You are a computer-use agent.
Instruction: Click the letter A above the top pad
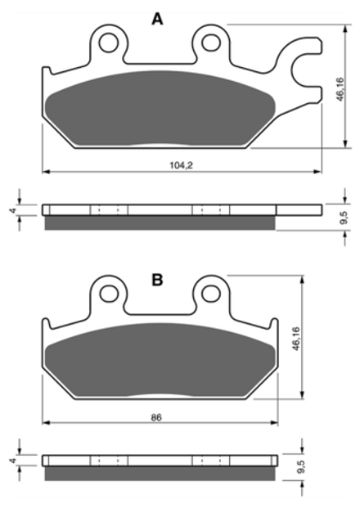pos(157,20)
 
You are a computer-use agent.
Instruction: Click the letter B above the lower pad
pos(157,280)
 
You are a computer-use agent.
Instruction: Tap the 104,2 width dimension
pos(182,165)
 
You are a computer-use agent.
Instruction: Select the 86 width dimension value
pos(156,417)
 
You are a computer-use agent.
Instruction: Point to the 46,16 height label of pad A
pos(340,89)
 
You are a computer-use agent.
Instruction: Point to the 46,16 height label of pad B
pos(296,339)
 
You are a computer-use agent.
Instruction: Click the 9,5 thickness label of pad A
pos(344,218)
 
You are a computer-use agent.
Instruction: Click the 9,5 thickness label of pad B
pos(301,468)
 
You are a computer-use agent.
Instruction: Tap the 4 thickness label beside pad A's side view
pos(13,210)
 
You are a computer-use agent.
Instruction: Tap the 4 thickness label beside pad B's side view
pos(13,461)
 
